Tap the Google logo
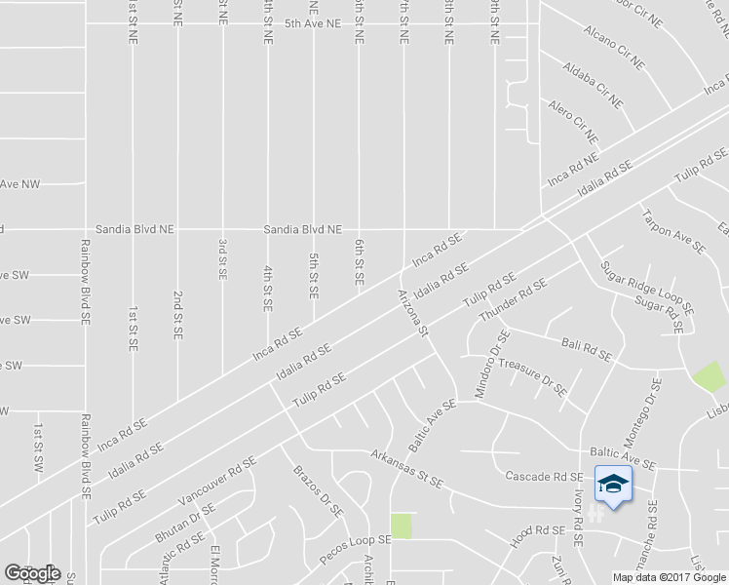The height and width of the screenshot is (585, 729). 32,572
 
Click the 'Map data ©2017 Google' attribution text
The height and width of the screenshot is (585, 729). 669,577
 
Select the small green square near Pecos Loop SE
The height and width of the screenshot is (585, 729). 401,526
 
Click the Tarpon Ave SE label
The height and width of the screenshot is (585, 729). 672,229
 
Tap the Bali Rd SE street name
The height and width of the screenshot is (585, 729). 587,348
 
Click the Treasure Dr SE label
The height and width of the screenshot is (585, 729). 532,375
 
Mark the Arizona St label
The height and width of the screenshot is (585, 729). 413,311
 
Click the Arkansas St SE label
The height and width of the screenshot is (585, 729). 407,468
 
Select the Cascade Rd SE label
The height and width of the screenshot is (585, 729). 543,477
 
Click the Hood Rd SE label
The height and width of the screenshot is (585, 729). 537,533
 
